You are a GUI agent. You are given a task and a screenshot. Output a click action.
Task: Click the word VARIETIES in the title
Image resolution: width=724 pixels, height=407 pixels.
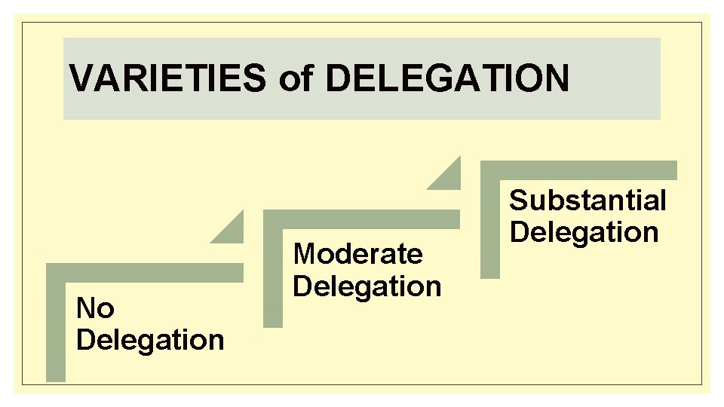[x=167, y=78]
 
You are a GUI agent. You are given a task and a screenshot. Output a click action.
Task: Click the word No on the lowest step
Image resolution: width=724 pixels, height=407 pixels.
[x=95, y=308]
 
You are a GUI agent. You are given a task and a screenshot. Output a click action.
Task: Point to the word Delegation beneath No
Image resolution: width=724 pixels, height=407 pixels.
[x=150, y=340]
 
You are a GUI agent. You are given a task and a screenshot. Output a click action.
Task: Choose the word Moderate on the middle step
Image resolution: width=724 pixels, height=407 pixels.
[x=357, y=254]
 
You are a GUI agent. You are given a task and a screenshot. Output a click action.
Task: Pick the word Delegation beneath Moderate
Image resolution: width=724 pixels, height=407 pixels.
[x=367, y=286]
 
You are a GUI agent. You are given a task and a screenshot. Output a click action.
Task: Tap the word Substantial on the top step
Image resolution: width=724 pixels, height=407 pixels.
[x=587, y=200]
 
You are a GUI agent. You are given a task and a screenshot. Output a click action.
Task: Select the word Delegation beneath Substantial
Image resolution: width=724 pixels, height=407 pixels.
[x=584, y=232]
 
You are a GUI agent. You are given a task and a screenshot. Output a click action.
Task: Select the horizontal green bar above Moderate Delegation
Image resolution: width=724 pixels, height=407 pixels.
[x=361, y=219]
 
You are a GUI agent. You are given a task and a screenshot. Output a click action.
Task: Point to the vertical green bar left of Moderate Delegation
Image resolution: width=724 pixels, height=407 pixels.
[x=272, y=274]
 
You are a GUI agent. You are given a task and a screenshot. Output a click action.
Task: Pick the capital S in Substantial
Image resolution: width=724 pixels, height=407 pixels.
[x=519, y=200]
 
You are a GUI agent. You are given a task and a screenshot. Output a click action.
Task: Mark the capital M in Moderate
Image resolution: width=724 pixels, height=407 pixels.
[x=304, y=254]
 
